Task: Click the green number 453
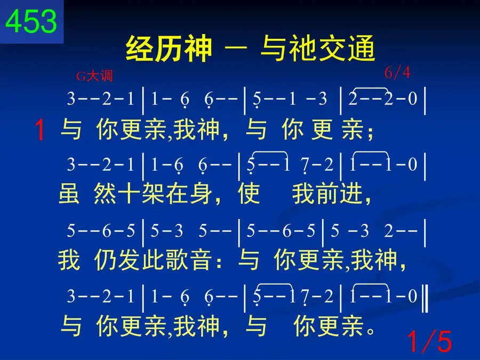pos(31,21)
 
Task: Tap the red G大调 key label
pos(94,76)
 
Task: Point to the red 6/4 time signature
pos(397,73)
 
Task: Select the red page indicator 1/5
pos(429,341)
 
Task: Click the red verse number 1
pos(40,131)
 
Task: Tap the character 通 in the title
pos(361,49)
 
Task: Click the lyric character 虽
pos(69,194)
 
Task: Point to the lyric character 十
pos(129,194)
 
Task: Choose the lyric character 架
pos(153,194)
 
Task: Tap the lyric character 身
pos(201,194)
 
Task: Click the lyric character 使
pos(249,194)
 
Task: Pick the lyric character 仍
pos(105,260)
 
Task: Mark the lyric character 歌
pos(177,260)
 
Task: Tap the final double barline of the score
pos(425,298)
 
